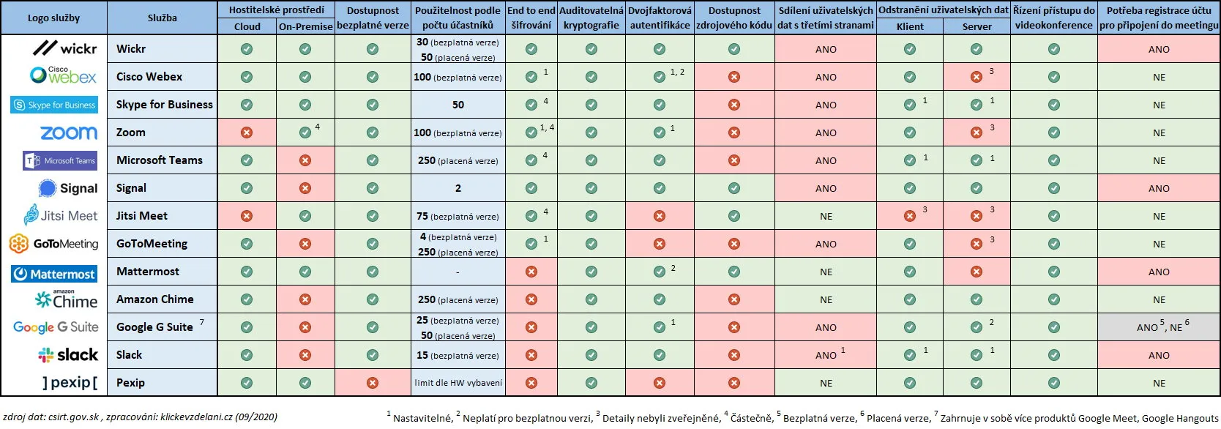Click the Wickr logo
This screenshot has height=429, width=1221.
[65, 48]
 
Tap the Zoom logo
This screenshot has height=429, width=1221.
[69, 133]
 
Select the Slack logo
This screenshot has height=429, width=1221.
[68, 355]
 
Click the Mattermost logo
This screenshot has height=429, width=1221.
[54, 274]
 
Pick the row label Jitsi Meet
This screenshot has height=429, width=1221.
[142, 216]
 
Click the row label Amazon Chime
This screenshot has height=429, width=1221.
[154, 299]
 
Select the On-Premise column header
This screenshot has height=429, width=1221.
[305, 26]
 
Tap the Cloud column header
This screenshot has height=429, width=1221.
[247, 26]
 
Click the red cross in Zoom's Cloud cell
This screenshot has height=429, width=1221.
[247, 133]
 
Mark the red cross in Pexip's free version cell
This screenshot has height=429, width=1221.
[373, 383]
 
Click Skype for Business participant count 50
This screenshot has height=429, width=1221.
[458, 105]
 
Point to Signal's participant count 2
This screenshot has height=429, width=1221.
[458, 188]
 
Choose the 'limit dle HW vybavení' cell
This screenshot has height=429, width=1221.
[458, 383]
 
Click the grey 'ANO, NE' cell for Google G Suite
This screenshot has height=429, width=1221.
[1159, 327]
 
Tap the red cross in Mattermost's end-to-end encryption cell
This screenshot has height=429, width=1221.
[531, 272]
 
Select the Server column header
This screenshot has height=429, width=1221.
[977, 26]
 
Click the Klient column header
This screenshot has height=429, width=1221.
[910, 26]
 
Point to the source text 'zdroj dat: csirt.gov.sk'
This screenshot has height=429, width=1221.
[51, 417]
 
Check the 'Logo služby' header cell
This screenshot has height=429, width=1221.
[54, 18]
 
